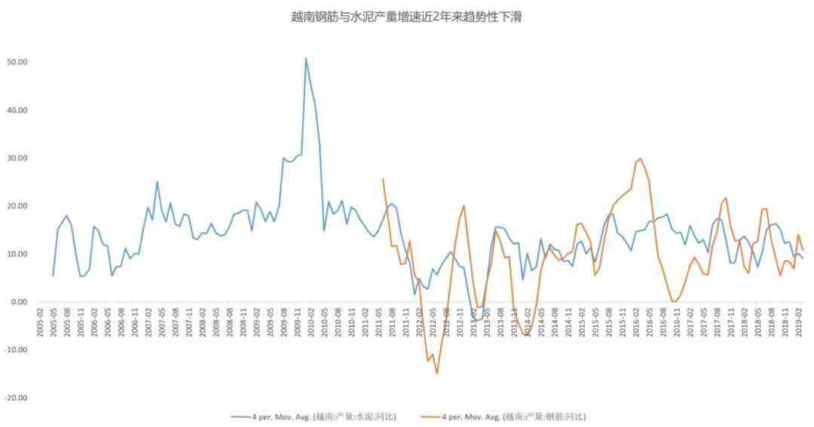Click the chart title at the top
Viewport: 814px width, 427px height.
click(x=406, y=17)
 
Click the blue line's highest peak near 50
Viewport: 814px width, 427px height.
click(x=305, y=58)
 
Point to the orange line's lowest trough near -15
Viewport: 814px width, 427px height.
click(x=436, y=374)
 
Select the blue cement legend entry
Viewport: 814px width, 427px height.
click(x=313, y=416)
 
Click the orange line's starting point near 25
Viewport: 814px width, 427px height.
click(x=383, y=179)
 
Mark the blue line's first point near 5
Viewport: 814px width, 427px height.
click(x=54, y=276)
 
